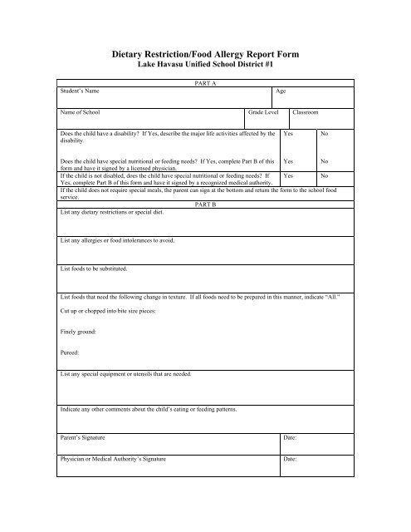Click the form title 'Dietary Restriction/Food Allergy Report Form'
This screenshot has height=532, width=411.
[x=205, y=52]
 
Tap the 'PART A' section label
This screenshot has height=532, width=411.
[x=204, y=83]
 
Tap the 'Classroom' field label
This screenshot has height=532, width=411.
[x=306, y=111]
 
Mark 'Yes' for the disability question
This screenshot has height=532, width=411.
[x=288, y=133]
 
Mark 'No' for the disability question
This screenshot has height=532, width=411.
[x=325, y=133]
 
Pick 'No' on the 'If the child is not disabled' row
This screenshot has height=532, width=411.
[x=325, y=176]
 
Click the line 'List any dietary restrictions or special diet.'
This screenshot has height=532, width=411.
[x=112, y=212]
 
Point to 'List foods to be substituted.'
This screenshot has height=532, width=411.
[x=93, y=269]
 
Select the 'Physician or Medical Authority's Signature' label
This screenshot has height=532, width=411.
[x=113, y=458]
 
